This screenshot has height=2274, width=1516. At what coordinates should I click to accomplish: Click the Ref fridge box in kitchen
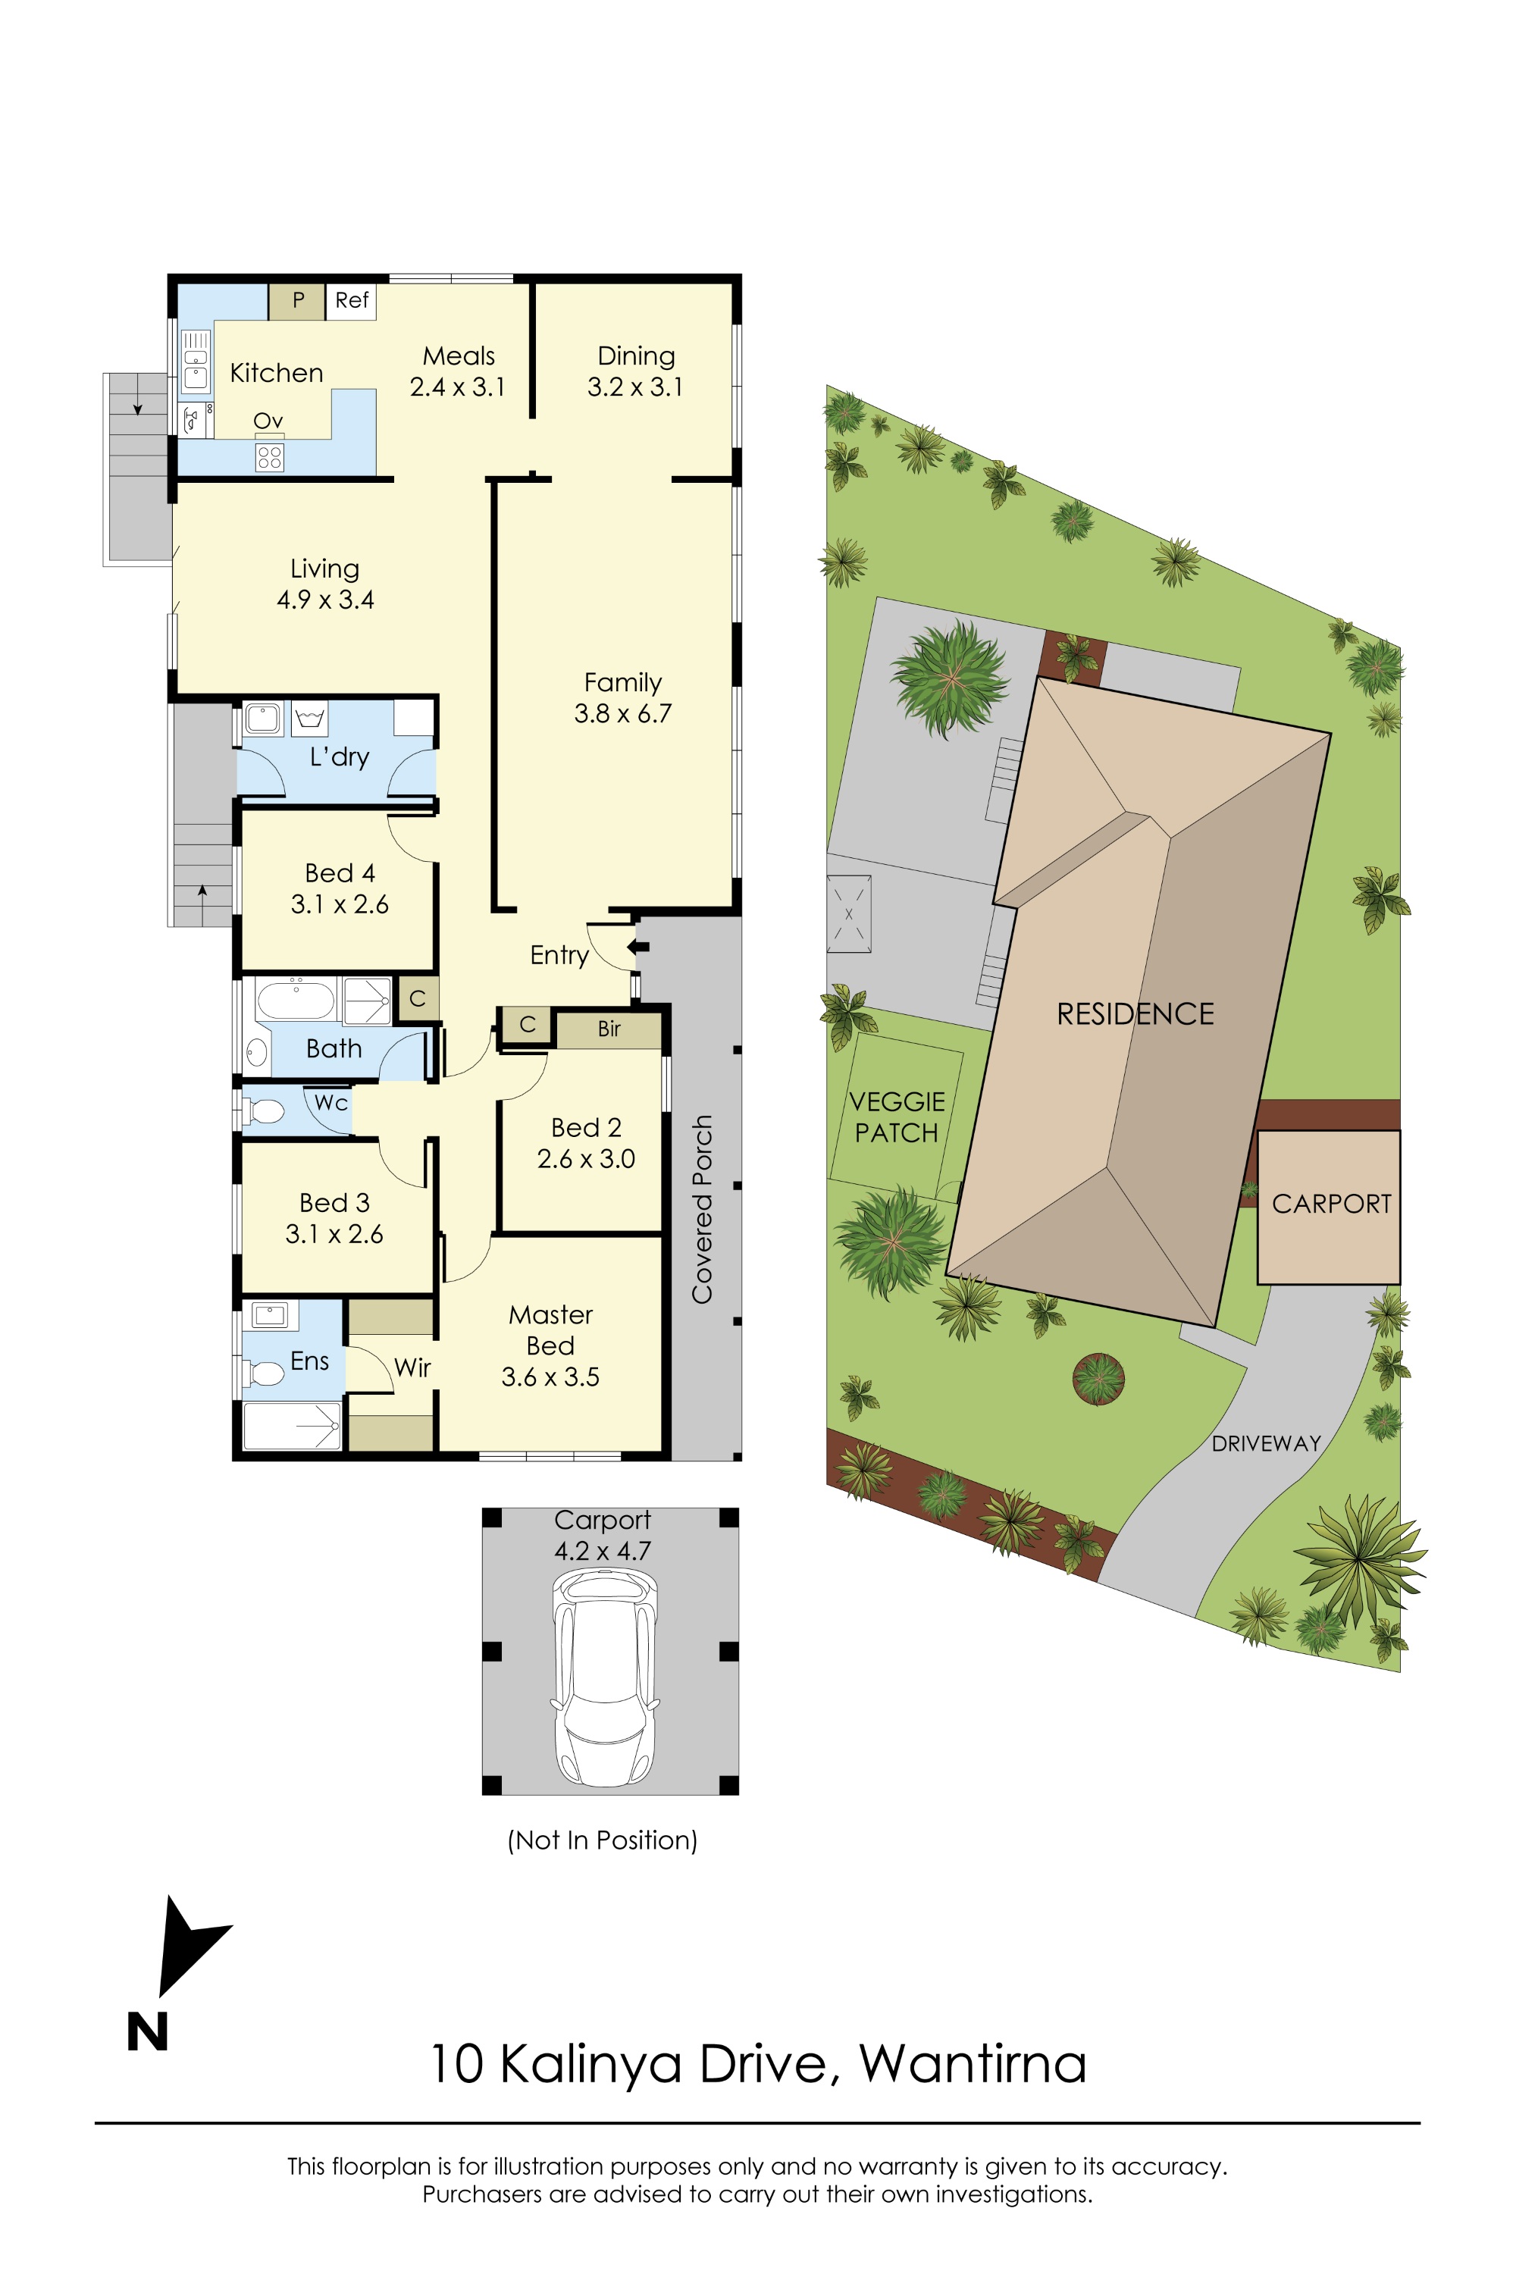(351, 301)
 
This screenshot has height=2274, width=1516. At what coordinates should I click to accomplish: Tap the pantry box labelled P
(298, 301)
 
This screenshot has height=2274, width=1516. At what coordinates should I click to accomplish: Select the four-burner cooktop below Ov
(270, 457)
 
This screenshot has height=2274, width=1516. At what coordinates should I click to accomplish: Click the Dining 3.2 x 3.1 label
(635, 371)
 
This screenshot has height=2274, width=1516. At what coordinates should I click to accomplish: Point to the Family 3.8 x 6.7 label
(622, 697)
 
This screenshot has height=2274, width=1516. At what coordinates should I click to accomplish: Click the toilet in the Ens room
(265, 1372)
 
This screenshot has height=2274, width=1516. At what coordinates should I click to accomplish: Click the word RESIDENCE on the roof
(1135, 1013)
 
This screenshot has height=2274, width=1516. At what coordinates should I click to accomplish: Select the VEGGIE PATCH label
(896, 1117)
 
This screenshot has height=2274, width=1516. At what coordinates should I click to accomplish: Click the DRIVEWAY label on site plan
(1266, 1443)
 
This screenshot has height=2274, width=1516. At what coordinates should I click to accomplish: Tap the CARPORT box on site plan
(1330, 1204)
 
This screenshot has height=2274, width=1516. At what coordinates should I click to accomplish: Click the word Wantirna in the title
(973, 2063)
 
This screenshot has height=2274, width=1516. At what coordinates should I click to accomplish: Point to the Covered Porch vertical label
(702, 1208)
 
